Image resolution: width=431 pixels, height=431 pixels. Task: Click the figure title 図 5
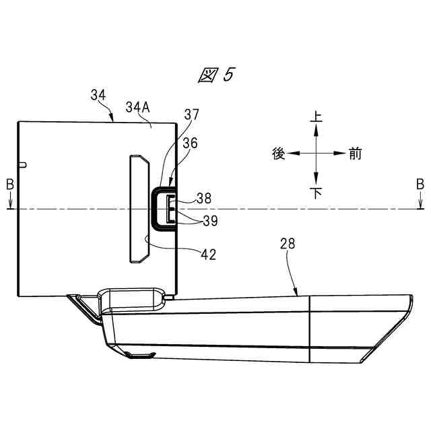(x=217, y=75)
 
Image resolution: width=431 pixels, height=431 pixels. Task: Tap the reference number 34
(x=98, y=95)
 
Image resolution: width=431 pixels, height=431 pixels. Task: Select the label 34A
(x=137, y=107)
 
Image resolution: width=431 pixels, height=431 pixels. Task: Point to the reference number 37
(x=191, y=114)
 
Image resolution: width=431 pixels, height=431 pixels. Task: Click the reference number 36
(x=190, y=143)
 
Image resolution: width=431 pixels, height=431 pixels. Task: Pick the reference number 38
(x=204, y=198)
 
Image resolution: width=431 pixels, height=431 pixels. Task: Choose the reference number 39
(x=210, y=221)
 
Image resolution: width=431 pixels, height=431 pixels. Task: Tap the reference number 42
(x=209, y=255)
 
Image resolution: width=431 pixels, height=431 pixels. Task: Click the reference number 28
(x=288, y=244)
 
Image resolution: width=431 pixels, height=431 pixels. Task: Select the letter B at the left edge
(x=10, y=185)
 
